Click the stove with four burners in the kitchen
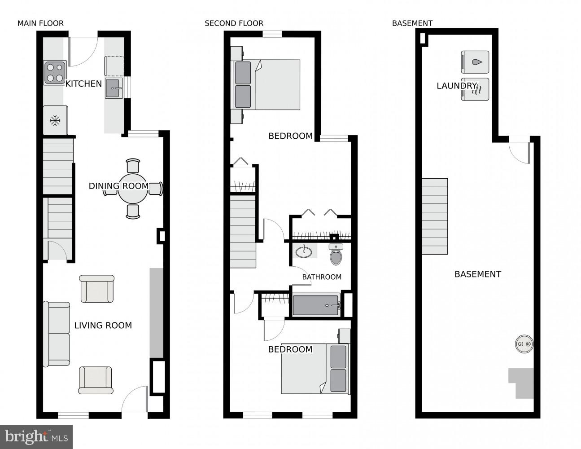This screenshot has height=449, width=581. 55,73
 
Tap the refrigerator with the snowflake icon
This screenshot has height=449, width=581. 55,120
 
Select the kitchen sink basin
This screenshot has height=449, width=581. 114,88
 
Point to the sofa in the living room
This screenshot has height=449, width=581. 57,334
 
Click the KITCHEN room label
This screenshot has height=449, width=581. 83,84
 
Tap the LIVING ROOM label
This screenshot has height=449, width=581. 103,326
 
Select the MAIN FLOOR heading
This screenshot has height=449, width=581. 40,23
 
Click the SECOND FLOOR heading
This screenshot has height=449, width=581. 234,23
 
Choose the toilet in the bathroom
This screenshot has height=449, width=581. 336,255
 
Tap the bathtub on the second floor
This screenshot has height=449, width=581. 316,305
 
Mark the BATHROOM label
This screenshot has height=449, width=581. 322,277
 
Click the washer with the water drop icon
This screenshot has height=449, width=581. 475,62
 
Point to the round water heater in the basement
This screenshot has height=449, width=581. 524,344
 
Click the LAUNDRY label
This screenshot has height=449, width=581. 456,86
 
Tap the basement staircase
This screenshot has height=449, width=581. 435,216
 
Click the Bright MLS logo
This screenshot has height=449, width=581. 37,436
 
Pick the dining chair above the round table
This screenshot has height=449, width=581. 133,165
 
